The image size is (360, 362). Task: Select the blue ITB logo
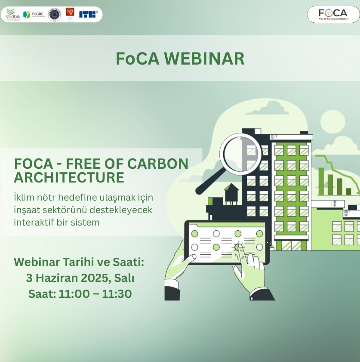click(88, 14)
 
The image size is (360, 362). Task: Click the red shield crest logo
click(70, 12)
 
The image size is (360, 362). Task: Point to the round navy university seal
click(54, 15)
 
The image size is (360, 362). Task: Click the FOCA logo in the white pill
click(333, 14)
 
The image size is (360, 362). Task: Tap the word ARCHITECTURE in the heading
click(69, 177)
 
